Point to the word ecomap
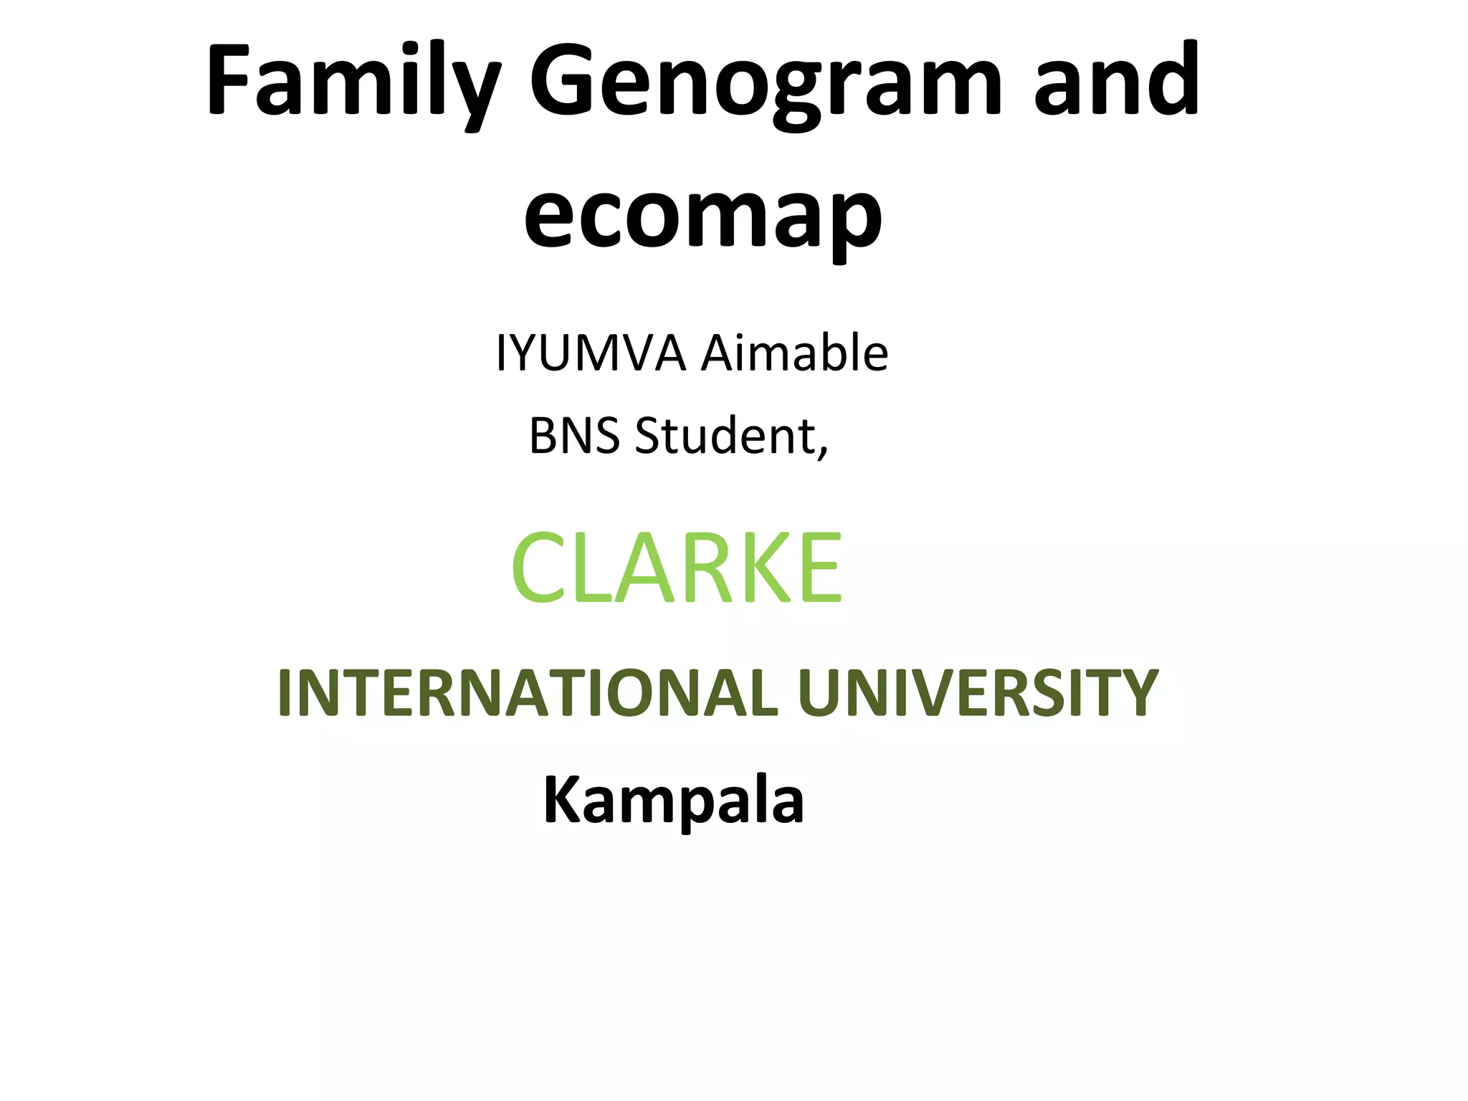pyautogui.click(x=702, y=215)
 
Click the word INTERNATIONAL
pyautogui.click(x=527, y=692)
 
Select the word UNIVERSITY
pyautogui.click(x=978, y=692)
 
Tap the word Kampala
pyautogui.click(x=674, y=801)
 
